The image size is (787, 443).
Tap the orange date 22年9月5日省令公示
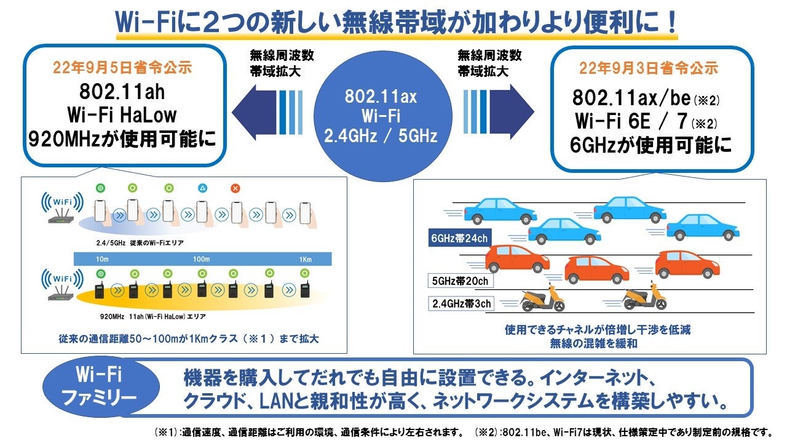click(x=124, y=68)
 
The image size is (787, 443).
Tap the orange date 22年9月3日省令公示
click(x=650, y=68)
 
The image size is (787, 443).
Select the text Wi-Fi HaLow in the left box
click(x=124, y=115)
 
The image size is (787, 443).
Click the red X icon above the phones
click(x=235, y=188)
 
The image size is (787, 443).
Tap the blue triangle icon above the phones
click(x=202, y=188)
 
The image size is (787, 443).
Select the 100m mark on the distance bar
click(x=201, y=259)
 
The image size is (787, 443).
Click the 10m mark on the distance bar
click(x=102, y=259)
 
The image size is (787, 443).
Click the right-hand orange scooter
click(x=644, y=299)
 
